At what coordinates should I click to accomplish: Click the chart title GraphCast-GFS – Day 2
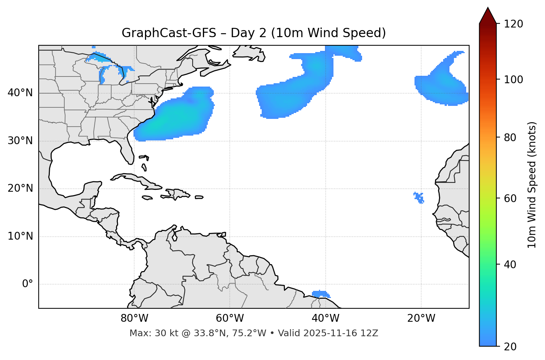click(254, 33)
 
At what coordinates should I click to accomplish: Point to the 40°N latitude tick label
click(20, 93)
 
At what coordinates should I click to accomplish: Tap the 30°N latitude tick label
click(20, 141)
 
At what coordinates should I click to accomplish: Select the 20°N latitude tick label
click(20, 188)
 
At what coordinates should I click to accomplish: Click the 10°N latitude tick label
click(20, 236)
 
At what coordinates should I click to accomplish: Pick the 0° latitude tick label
click(28, 284)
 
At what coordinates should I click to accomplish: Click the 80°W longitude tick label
click(134, 318)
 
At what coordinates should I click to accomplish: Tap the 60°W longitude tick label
click(230, 318)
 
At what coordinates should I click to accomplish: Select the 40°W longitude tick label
click(325, 318)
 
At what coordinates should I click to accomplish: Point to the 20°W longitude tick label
click(421, 318)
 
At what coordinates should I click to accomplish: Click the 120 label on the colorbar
click(513, 24)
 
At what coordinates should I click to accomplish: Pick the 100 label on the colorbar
click(513, 80)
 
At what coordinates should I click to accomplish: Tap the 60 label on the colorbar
click(510, 198)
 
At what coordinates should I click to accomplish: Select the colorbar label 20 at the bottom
click(510, 347)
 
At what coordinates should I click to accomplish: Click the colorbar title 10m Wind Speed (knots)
click(532, 185)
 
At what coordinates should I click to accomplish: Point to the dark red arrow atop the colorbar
click(487, 16)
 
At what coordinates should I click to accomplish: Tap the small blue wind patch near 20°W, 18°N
click(419, 197)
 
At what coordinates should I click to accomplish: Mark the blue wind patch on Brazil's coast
click(320, 294)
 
